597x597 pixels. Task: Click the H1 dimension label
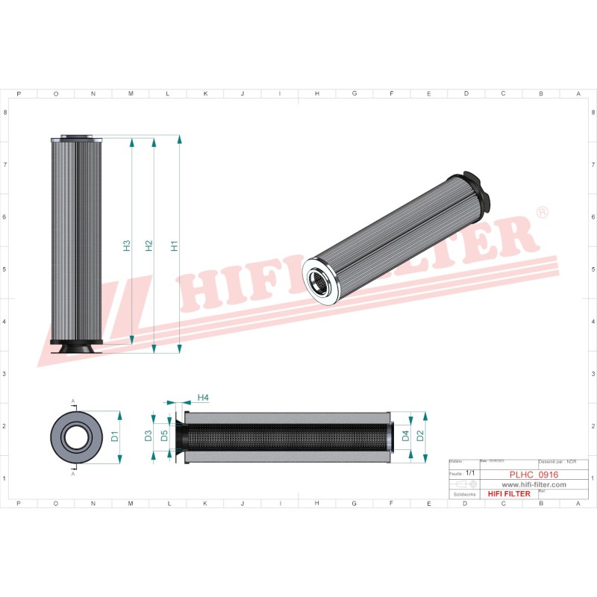click(174, 245)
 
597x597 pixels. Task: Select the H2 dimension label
click(149, 245)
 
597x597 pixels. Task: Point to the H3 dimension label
click(127, 245)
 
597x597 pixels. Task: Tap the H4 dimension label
click(203, 398)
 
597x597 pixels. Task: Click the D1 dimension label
click(115, 437)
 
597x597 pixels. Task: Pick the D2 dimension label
click(419, 436)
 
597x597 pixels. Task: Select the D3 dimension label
click(149, 436)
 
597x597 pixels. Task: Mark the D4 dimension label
click(405, 436)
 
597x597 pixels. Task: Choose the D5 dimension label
click(164, 436)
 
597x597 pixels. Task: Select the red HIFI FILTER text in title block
click(508, 494)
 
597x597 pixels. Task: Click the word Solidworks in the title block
click(464, 494)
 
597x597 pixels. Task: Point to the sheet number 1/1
click(470, 473)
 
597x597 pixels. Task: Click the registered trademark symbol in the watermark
click(543, 213)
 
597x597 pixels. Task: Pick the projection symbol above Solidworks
click(464, 484)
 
